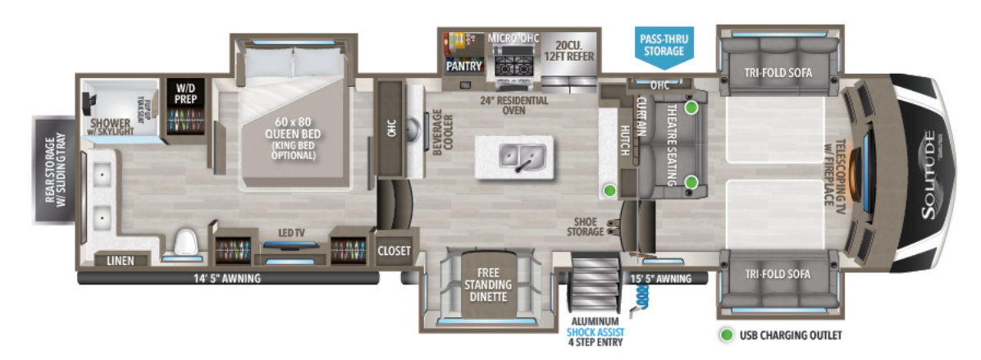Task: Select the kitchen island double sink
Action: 516,155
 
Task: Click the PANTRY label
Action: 463,66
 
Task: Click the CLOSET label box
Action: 395,251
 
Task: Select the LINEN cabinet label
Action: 121,261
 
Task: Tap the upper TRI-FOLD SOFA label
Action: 778,72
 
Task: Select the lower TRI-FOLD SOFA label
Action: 778,274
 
